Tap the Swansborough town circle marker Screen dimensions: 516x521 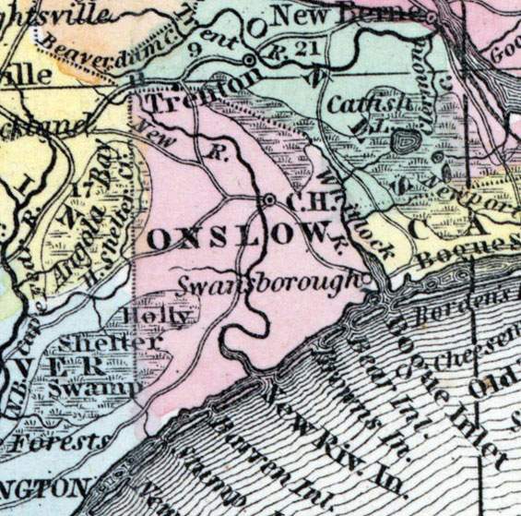367,276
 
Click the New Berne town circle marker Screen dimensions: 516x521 431,15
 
